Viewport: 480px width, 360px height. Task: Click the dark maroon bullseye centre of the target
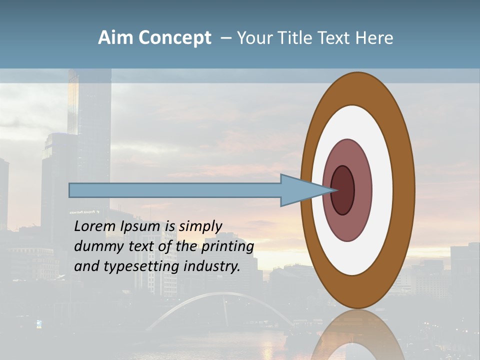pos(343,190)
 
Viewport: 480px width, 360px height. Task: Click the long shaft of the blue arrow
pos(175,190)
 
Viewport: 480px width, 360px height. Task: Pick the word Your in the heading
pos(253,38)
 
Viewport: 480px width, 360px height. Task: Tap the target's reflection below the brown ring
pos(358,335)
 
